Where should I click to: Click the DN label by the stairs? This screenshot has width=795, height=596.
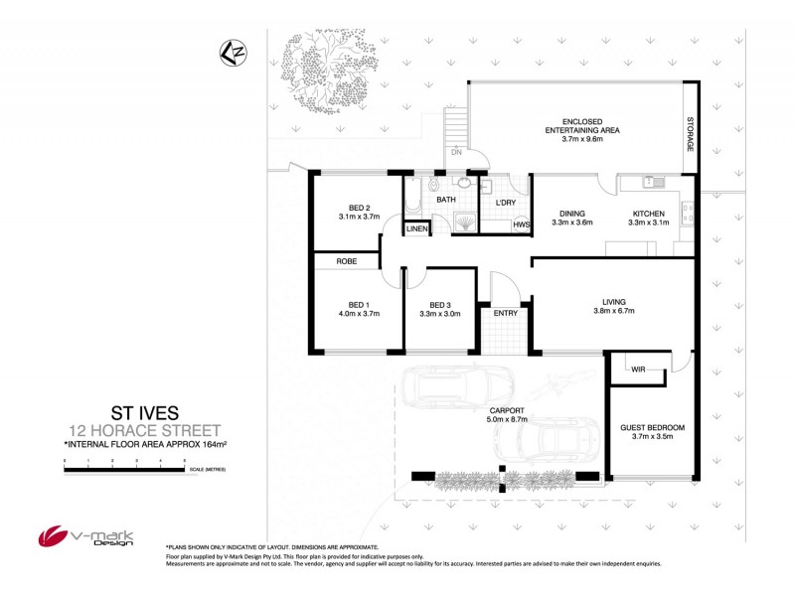456,154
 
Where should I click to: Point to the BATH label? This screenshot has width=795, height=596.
446,200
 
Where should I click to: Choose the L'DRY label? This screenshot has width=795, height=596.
505,203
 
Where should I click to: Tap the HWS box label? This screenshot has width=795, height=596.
520,224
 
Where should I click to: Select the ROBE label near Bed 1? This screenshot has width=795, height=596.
347,261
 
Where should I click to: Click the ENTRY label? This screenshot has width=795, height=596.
506,314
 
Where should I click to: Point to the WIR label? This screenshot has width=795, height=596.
638,370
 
